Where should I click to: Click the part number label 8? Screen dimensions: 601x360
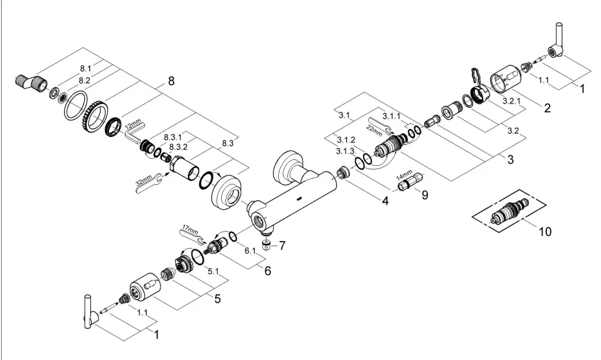tap(171, 81)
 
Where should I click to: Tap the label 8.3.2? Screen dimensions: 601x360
tap(178, 147)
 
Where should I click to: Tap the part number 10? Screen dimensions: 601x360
tap(545, 231)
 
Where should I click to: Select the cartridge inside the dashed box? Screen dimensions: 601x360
tap(510, 212)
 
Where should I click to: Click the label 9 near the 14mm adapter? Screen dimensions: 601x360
tap(425, 195)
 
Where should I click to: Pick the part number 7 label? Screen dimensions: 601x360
tap(282, 245)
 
